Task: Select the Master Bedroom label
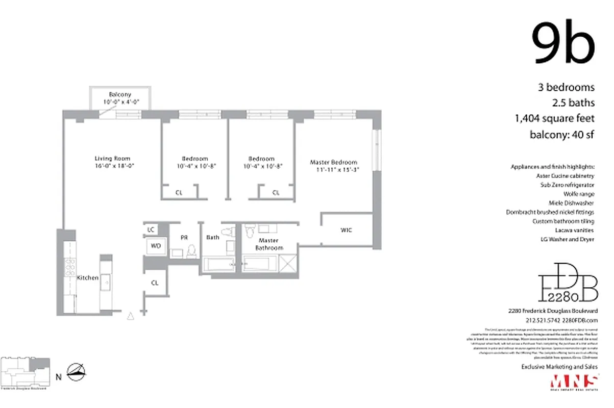[334, 162]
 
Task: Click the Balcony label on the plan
[120, 94]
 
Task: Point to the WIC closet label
[346, 230]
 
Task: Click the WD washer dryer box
[156, 246]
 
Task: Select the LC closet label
[151, 230]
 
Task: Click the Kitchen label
[87, 278]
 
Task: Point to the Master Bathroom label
[269, 244]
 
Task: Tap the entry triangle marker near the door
[131, 316]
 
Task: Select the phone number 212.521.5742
[542, 320]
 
